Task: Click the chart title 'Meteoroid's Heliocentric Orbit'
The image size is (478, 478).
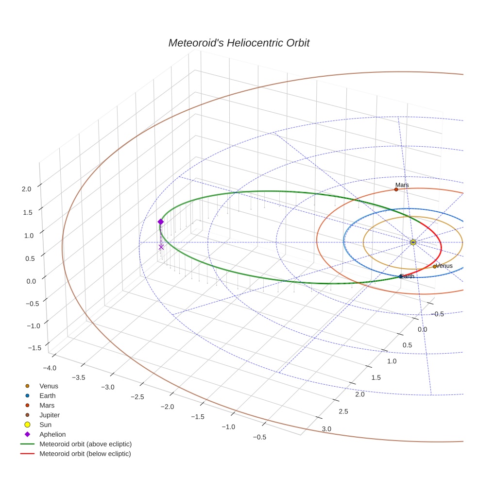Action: (239, 43)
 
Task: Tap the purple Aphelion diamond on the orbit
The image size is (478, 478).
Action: (161, 222)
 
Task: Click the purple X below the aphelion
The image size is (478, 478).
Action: (161, 247)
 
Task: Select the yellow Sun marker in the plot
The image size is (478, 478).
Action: (413, 242)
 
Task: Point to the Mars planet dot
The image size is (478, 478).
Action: (396, 189)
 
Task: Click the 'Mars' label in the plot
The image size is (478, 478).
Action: (402, 185)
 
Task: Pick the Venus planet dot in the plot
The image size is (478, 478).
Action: (435, 267)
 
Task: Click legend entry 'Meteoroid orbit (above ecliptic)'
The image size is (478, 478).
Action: (85, 444)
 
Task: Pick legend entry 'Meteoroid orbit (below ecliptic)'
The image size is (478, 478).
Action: (85, 454)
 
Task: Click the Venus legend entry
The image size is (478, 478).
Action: (49, 386)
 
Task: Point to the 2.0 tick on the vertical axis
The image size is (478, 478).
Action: (27, 189)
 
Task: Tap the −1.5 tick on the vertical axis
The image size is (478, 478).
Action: (34, 348)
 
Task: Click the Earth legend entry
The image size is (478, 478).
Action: (47, 395)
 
